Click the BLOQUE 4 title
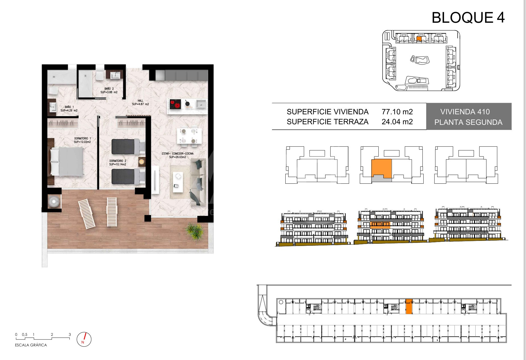(x=468, y=18)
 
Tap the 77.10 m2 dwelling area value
(x=397, y=112)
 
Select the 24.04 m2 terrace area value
(x=397, y=122)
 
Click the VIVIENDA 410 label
(x=465, y=112)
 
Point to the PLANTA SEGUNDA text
(x=468, y=122)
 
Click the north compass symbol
(x=84, y=339)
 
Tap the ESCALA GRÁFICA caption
(x=31, y=345)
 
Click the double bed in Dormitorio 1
(x=67, y=162)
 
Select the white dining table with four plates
(x=189, y=136)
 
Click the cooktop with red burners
(x=176, y=104)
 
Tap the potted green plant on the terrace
(x=195, y=231)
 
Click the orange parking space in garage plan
(x=409, y=307)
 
